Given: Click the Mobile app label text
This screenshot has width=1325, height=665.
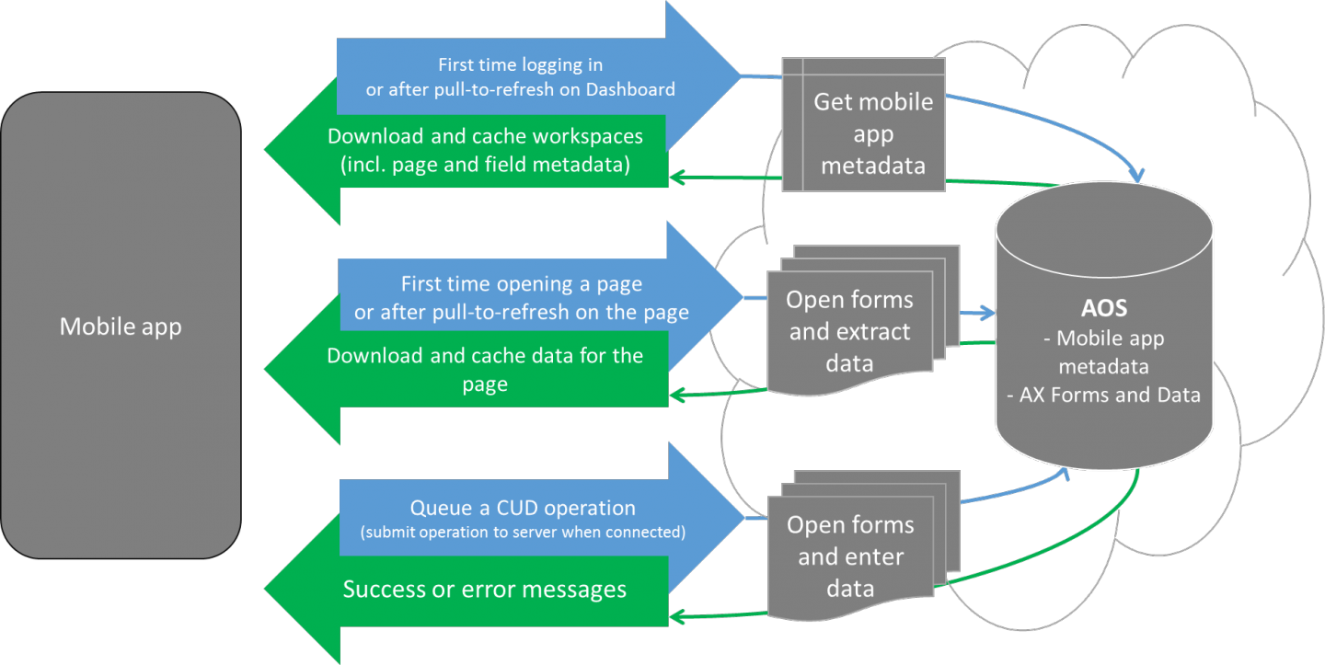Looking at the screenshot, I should (x=121, y=327).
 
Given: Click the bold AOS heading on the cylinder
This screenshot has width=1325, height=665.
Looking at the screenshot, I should (x=1103, y=306).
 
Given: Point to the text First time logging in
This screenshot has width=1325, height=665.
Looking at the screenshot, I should (x=520, y=64).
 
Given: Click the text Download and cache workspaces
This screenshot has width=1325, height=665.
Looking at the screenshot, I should (x=485, y=136).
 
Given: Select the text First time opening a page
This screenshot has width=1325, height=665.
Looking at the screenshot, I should (x=521, y=283).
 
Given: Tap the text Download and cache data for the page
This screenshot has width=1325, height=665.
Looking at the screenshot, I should (x=485, y=369).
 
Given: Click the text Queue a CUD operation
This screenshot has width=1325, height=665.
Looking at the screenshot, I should (x=522, y=508).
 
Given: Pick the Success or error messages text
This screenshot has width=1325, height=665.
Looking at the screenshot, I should (x=485, y=589).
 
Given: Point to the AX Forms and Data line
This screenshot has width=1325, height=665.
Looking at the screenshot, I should (x=1103, y=396).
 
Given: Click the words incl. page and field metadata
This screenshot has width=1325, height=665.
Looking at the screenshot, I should (x=485, y=166).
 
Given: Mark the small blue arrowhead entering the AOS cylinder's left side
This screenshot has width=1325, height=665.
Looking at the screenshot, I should (x=989, y=314).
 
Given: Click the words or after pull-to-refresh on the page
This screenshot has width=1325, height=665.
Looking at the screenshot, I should (x=521, y=312).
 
